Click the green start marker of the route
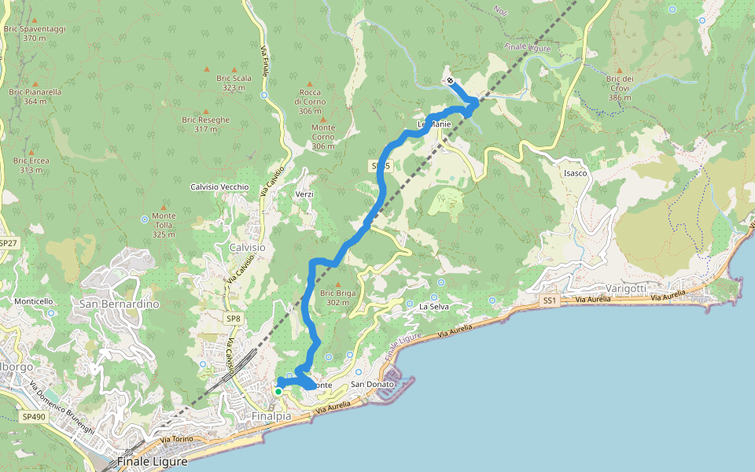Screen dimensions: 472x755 278,391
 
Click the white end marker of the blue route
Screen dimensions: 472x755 450,80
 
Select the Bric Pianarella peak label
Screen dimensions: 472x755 35,96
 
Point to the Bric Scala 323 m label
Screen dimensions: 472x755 237,83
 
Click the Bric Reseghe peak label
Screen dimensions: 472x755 206,124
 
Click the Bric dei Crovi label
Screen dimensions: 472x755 620,83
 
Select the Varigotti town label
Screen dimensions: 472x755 626,289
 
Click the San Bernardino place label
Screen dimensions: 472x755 120,304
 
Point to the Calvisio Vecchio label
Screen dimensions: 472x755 219,187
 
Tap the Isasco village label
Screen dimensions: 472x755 575,173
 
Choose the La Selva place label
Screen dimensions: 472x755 433,306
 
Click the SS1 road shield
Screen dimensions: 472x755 549,301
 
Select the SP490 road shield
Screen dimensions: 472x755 33,417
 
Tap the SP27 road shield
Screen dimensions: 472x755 8,244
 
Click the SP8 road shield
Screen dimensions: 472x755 234,319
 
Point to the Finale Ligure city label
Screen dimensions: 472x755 152,462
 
